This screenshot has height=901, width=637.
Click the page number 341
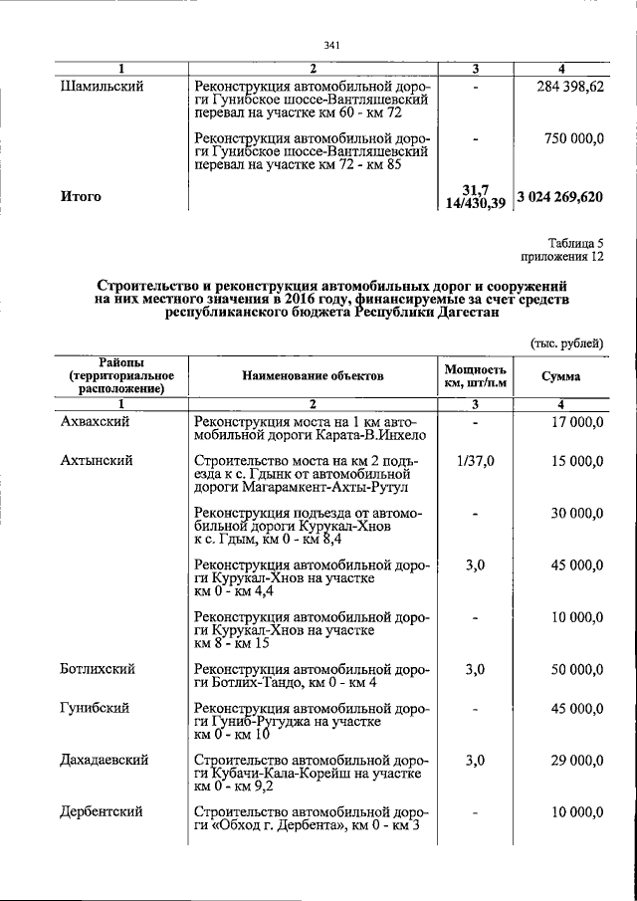tap(333, 44)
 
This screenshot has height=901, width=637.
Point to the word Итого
tap(82, 196)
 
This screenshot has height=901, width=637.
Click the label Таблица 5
tap(576, 243)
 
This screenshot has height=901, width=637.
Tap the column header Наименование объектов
tap(312, 377)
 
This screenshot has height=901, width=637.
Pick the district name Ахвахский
tap(101, 422)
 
